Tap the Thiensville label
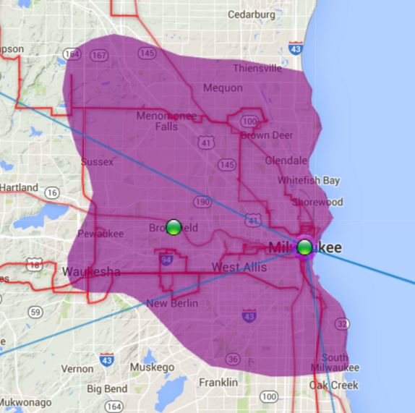pos(257,69)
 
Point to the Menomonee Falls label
pos(166,121)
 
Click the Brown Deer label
pos(266,135)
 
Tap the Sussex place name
pos(97,162)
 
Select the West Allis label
pos(239,268)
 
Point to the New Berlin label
pos(171,304)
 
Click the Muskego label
pos(152,367)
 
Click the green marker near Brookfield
pos(174,227)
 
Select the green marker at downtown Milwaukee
pos(305,247)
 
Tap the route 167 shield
pos(100,56)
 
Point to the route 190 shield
pos(202,202)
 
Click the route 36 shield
pos(232,359)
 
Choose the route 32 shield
pos(342,324)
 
